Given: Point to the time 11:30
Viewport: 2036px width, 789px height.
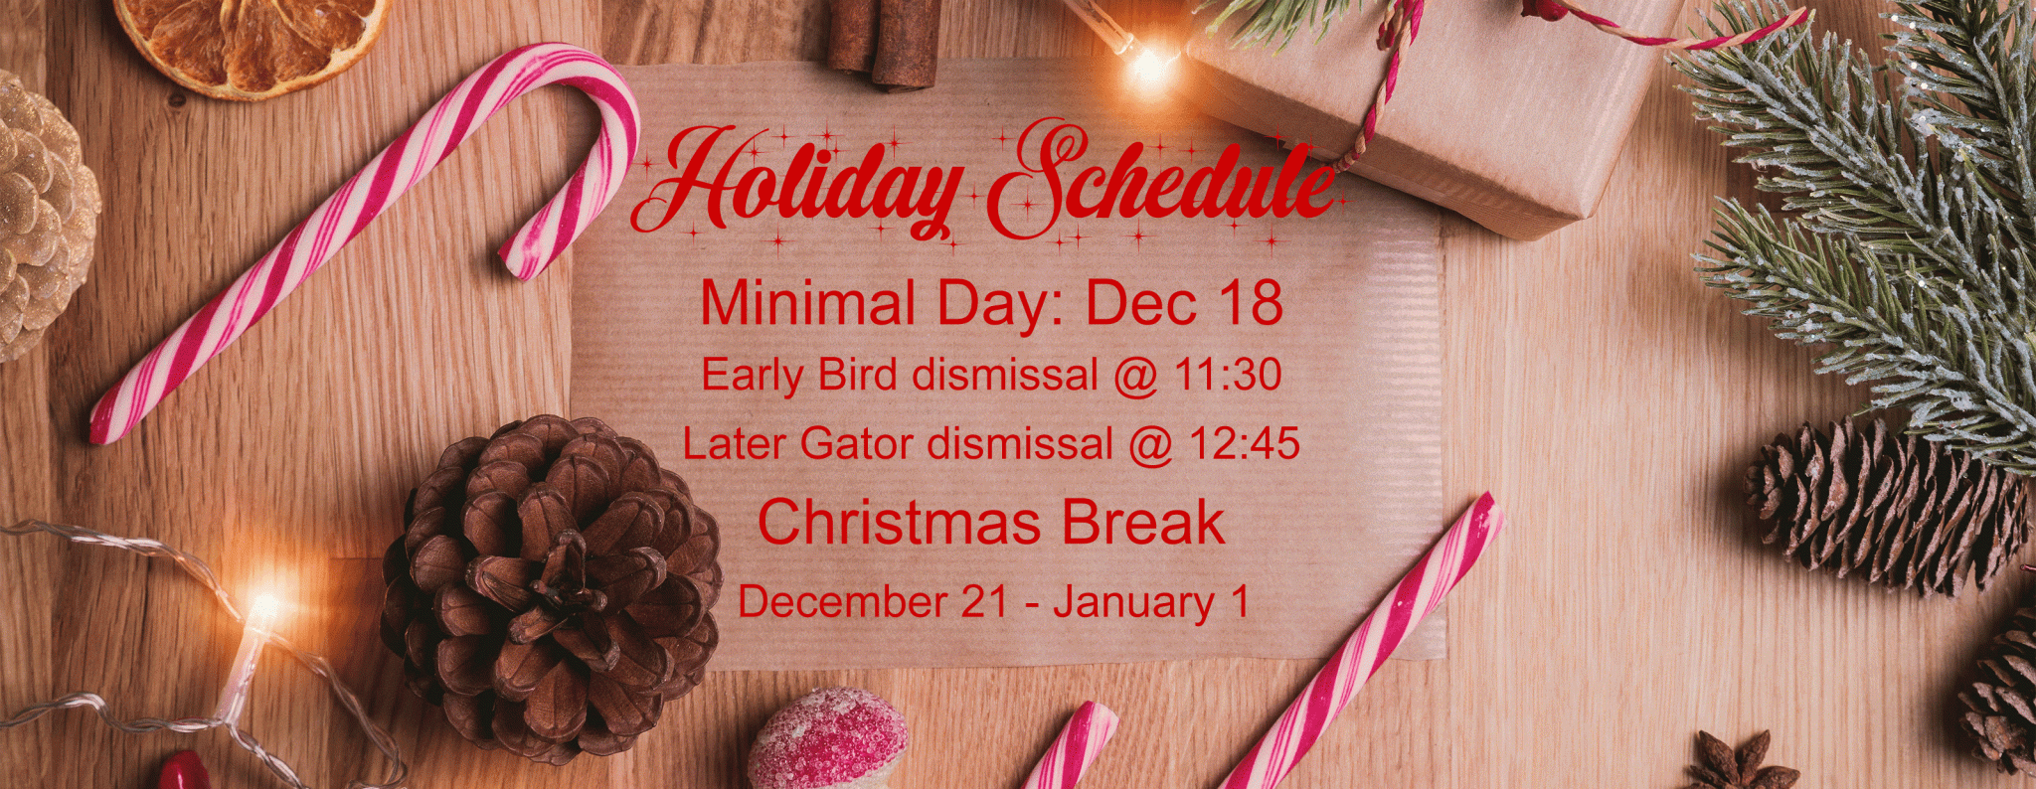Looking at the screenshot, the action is [1229, 375].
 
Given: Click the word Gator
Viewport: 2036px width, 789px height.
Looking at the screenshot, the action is [856, 443].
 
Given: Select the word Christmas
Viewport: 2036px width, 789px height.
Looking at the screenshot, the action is [899, 523].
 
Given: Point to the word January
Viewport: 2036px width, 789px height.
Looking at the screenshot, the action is [1134, 603].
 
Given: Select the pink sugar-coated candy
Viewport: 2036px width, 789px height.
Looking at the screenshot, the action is [827, 740].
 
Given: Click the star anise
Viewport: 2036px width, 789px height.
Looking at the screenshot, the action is [1743, 762].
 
